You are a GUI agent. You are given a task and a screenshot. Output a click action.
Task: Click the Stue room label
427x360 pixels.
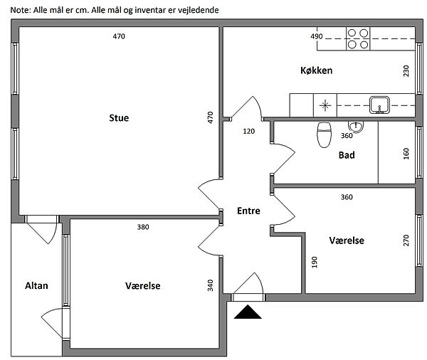pos(119,117)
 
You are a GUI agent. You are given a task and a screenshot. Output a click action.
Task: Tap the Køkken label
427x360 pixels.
pos(317,70)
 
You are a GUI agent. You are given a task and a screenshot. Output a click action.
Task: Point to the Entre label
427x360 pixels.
pos(248,211)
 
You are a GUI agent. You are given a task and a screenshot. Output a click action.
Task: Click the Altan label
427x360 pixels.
pos(36,285)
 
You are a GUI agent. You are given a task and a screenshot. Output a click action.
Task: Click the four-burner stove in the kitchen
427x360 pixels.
pos(358,38)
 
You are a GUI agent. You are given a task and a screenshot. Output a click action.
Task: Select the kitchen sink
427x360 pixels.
pos(379,105)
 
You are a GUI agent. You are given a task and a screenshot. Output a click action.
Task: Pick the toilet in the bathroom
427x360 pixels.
pos(324,134)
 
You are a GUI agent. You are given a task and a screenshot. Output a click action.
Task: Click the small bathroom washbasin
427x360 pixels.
pos(358,127)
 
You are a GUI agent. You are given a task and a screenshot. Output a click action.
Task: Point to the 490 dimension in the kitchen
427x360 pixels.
pos(317,36)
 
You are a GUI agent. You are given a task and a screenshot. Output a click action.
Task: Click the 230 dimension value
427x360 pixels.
pos(406,70)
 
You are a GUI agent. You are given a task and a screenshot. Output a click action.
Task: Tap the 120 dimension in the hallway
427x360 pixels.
pos(248,131)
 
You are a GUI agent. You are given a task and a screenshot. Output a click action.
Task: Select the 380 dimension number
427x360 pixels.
pos(143,228)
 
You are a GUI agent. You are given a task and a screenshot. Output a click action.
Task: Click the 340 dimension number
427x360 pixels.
pos(211,285)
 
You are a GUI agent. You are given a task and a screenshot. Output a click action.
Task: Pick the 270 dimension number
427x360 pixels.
pos(406,240)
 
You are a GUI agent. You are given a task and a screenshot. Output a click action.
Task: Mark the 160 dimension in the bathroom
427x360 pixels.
pos(406,154)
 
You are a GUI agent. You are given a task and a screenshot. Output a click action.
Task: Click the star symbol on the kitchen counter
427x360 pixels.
pos(325,105)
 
